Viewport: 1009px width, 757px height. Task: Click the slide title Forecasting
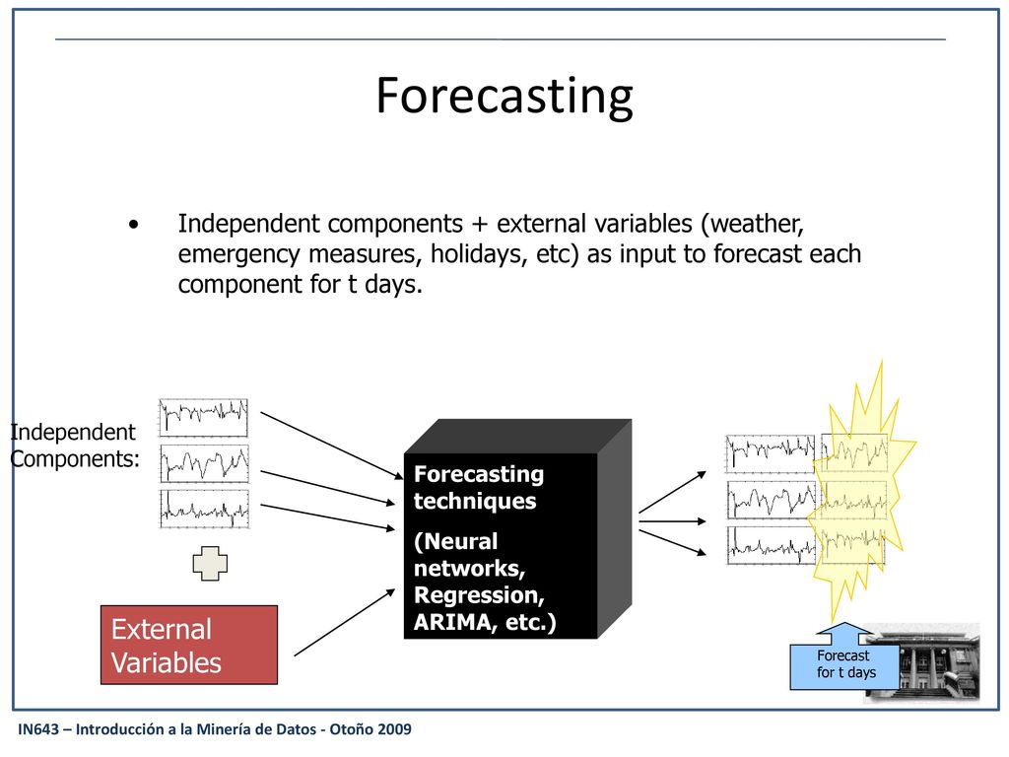coord(504,96)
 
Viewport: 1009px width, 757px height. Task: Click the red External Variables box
coord(189,645)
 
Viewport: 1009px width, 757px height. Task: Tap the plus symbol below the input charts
coord(210,563)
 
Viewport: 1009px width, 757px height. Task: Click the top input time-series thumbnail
coord(203,418)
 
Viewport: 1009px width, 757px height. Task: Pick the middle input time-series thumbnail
coord(204,463)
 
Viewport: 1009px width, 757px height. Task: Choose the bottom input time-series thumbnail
coord(204,510)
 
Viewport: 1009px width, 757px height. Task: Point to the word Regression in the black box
coord(479,595)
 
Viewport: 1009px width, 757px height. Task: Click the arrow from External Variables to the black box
coord(344,623)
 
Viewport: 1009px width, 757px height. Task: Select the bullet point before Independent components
coord(133,225)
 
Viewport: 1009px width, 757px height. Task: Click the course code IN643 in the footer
coord(38,729)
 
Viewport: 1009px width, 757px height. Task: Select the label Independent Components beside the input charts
coord(74,446)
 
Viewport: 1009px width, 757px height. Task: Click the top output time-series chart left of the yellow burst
coord(771,453)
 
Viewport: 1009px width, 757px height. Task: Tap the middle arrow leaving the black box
coord(672,521)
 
